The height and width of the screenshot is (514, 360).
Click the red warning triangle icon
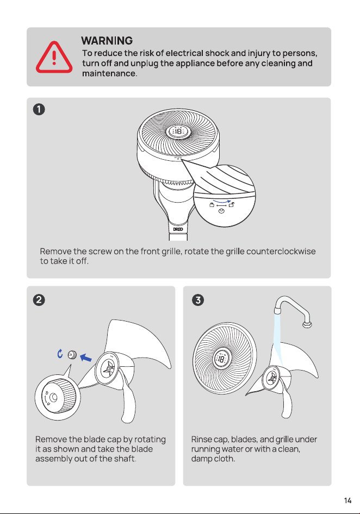coord(54,58)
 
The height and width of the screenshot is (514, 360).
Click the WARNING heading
coord(107,41)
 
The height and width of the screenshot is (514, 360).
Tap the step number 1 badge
coord(39,109)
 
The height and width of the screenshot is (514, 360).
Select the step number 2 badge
coord(39,299)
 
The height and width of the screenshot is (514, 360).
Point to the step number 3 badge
coord(198,299)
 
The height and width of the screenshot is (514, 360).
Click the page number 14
coord(348,500)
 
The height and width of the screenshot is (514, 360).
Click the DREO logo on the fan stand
coord(178,229)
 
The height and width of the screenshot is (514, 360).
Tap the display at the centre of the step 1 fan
coord(177,131)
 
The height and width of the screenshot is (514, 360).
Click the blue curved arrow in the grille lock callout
coord(222,201)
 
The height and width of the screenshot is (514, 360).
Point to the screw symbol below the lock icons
coord(221,211)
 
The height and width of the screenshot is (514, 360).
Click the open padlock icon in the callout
coord(232,205)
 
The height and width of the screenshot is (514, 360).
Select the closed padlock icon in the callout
coord(212,205)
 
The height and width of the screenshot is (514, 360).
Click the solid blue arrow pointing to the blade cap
coord(86,358)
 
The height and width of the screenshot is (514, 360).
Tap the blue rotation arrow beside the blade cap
coord(60,354)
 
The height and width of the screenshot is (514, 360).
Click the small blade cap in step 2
coord(72,354)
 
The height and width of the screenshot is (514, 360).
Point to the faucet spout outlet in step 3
coord(278,309)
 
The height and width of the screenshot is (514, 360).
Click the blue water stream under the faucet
coord(278,337)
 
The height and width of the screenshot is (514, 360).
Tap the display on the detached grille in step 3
coord(221,358)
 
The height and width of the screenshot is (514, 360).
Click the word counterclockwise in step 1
coord(281,252)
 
